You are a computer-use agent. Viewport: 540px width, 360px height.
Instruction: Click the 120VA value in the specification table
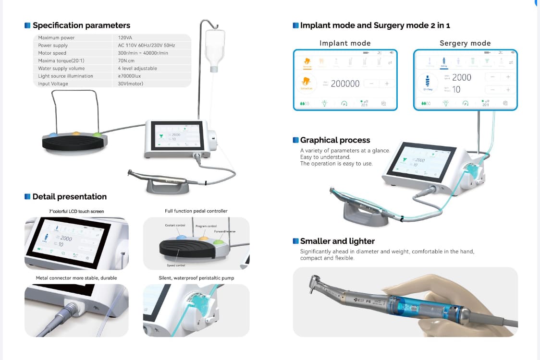point(125,37)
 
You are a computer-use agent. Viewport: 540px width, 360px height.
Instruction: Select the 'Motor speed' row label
point(52,53)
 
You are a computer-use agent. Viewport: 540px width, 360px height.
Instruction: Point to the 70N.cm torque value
point(126,60)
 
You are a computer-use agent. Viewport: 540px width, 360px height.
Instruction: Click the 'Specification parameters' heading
point(81,25)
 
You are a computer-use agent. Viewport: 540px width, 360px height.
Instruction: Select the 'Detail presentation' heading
point(69,196)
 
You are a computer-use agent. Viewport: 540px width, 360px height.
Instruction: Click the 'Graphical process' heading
point(335,140)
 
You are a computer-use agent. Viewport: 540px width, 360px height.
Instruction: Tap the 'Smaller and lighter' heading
point(337,241)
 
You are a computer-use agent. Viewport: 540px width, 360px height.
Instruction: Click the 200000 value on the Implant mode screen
point(345,84)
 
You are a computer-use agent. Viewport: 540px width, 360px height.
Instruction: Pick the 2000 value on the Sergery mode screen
point(462,77)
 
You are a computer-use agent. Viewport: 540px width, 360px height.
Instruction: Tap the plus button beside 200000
point(387,84)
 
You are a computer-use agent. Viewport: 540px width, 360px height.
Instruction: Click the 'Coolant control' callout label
point(175,225)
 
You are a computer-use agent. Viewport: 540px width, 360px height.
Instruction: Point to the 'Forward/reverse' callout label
point(225,231)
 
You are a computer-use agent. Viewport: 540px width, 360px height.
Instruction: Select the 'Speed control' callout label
point(176,265)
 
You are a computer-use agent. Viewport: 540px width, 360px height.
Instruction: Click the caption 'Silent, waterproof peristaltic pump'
point(196,278)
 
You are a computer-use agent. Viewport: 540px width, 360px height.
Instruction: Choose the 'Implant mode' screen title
point(345,43)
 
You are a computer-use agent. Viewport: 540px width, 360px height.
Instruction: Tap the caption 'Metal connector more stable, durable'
point(76,278)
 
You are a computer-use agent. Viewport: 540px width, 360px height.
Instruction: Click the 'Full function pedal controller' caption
point(196,211)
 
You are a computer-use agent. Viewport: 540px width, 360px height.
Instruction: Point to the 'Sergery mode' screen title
point(465,43)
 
